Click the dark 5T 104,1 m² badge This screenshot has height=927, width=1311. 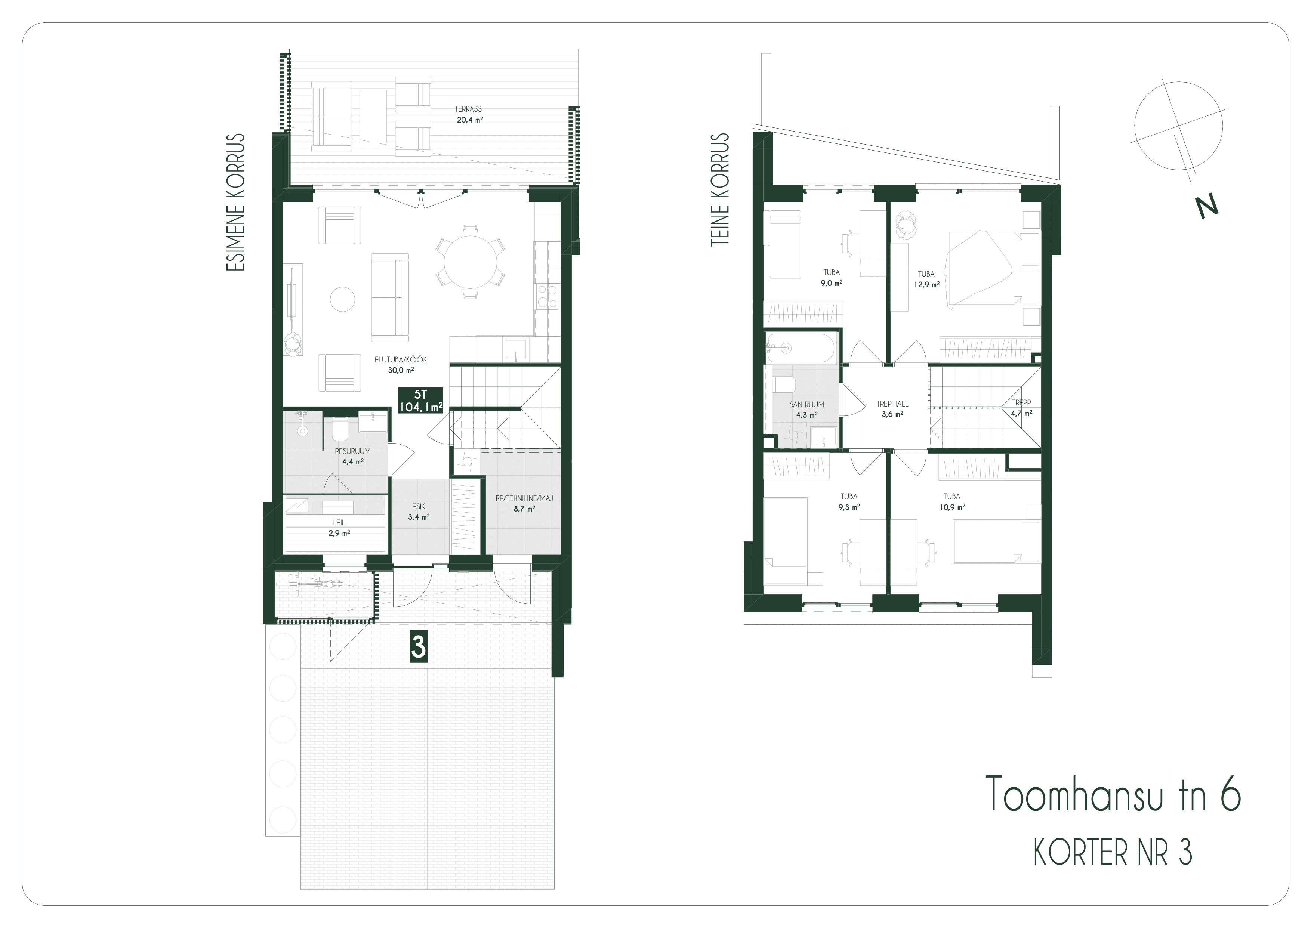point(421,400)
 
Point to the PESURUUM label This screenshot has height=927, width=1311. point(352,451)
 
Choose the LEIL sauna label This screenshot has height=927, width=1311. point(339,522)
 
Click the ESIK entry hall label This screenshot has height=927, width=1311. point(419,506)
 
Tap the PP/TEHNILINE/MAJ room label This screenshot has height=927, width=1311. point(524,498)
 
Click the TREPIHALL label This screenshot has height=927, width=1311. point(892,404)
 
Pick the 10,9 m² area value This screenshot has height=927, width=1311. point(952,506)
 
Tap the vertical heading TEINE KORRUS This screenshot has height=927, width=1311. point(721,190)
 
